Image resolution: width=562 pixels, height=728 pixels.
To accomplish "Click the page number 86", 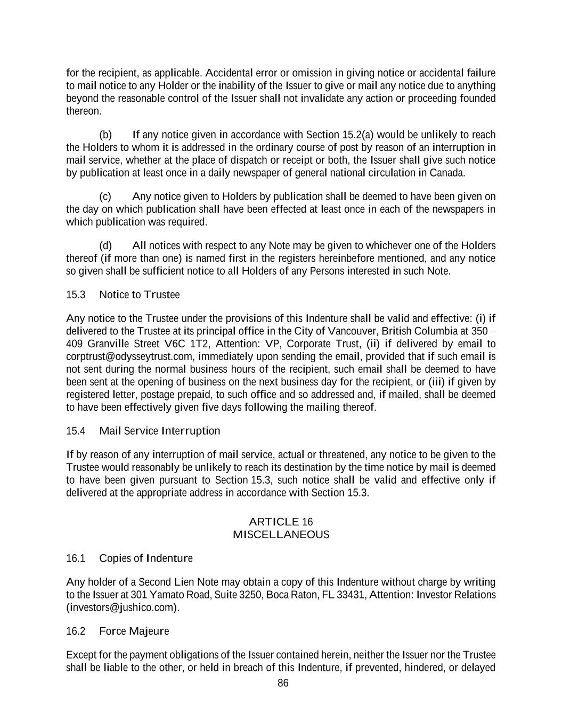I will click(x=283, y=683).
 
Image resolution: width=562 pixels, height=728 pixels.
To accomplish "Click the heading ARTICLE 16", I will click(x=281, y=522).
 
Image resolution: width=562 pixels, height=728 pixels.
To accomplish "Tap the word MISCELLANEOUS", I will click(x=281, y=534).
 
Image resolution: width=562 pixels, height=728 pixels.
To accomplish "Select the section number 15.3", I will click(x=76, y=294).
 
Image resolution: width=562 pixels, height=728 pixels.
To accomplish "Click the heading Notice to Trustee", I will click(x=140, y=294).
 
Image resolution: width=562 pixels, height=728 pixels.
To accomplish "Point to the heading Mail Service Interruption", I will click(x=160, y=430).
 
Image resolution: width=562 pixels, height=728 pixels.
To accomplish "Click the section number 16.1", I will click(x=76, y=558).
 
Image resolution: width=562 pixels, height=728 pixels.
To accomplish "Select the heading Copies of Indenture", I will click(x=146, y=558).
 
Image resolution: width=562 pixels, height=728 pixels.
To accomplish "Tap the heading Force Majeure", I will click(x=134, y=631).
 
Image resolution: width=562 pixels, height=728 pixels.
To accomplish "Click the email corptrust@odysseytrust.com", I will click(x=128, y=356).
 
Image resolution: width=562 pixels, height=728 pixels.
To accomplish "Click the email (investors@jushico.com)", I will click(x=123, y=607).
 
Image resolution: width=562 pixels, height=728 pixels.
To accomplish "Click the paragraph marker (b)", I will click(x=105, y=134).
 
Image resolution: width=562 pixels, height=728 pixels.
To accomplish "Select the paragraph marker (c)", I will click(x=105, y=196).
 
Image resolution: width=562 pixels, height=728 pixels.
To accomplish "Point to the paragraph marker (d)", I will click(x=105, y=245).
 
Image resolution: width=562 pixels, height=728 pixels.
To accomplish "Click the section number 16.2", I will click(x=76, y=631).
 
